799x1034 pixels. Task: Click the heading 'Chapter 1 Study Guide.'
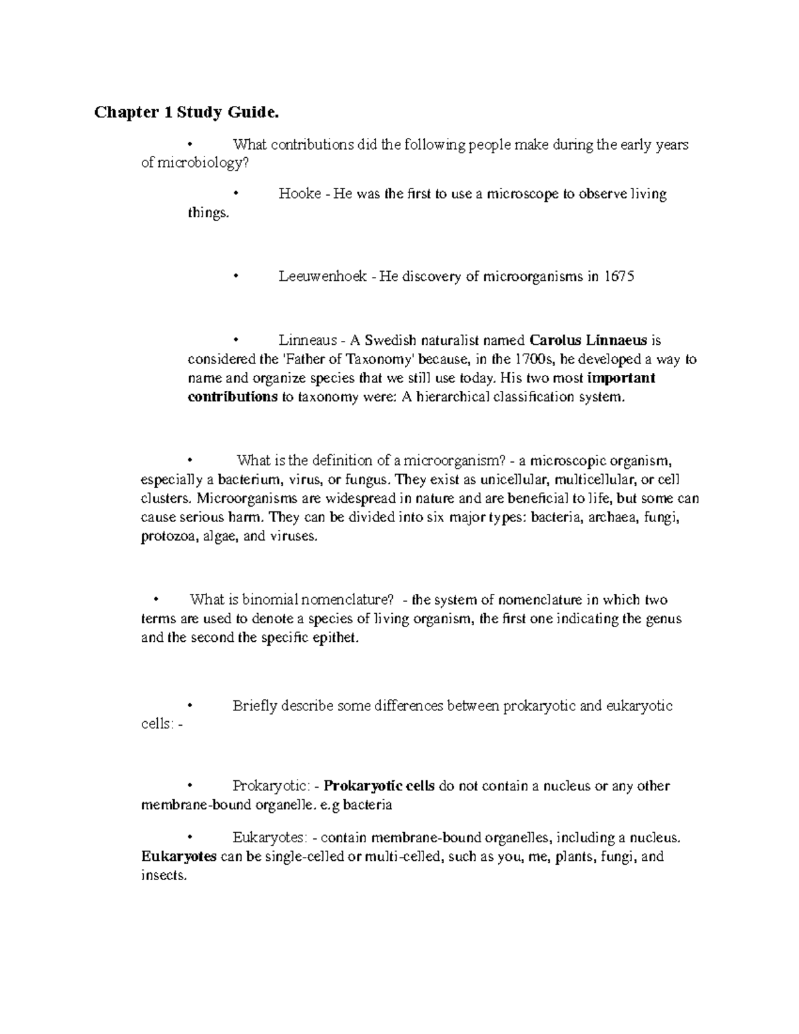[184, 113]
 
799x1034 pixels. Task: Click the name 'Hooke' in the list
[300, 194]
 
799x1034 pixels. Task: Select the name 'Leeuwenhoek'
[323, 276]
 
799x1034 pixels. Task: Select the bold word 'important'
[621, 378]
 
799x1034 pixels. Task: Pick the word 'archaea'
[608, 517]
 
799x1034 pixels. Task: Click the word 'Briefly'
[254, 706]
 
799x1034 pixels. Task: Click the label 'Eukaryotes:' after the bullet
[266, 838]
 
